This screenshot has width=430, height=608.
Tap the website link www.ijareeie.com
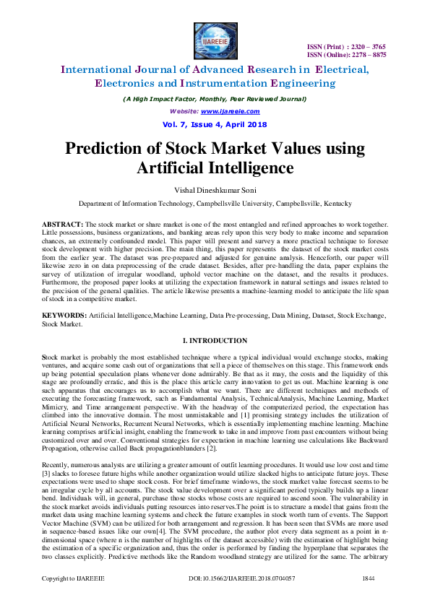pyautogui.click(x=231, y=112)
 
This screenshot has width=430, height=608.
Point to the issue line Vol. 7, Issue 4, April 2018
pyautogui.click(x=215, y=124)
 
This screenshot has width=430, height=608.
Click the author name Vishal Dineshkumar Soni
pyautogui.click(x=215, y=191)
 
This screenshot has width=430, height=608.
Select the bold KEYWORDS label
pyautogui.click(x=64, y=316)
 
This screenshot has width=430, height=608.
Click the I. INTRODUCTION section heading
pyautogui.click(x=215, y=340)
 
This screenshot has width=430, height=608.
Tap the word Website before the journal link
pyautogui.click(x=184, y=112)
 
